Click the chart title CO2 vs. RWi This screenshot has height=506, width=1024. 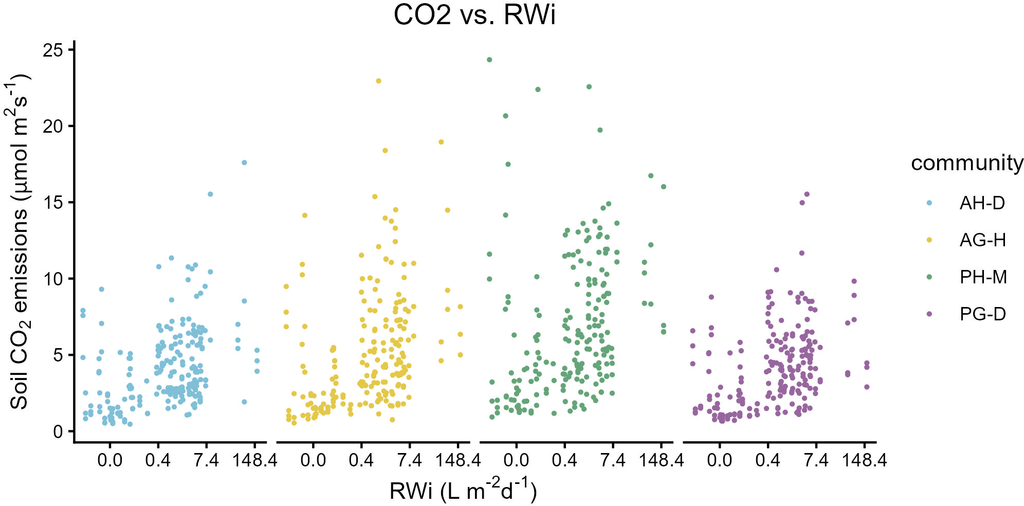474,15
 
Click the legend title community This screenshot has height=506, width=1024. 967,163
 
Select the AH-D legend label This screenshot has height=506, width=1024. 982,203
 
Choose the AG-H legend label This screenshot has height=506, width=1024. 982,240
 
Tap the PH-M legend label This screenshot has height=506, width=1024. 983,277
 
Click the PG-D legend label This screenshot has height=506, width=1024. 982,314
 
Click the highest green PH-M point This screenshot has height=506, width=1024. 489,60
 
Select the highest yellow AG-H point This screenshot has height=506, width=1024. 378,81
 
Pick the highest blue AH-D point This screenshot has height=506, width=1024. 244,162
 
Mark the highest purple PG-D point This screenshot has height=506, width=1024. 807,194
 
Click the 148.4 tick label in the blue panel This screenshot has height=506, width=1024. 254,460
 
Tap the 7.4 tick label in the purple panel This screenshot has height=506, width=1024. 816,460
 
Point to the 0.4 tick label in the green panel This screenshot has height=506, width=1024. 564,460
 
